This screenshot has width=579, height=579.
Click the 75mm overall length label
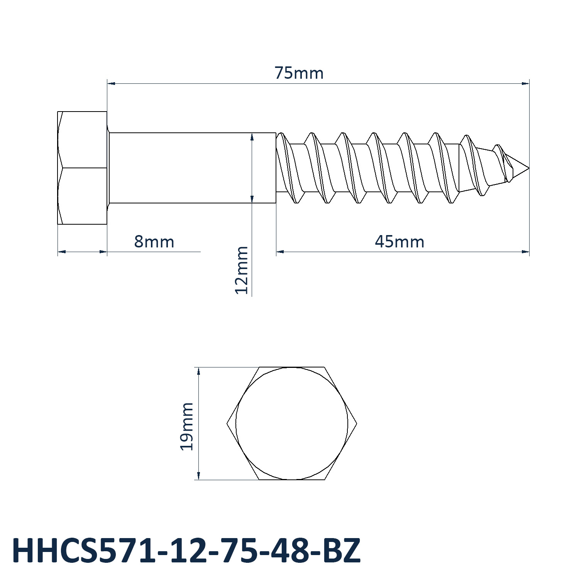(299, 73)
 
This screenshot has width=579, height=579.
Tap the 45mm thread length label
(400, 242)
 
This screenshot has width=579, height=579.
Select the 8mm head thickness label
(154, 242)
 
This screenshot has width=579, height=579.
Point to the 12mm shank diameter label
(242, 270)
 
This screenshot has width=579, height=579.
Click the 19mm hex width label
(187, 426)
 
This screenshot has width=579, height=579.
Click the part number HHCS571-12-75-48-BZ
(186, 551)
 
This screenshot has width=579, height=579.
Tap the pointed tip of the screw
(529, 168)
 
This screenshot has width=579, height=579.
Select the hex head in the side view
(82, 168)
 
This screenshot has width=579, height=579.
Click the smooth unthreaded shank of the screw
(192, 168)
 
